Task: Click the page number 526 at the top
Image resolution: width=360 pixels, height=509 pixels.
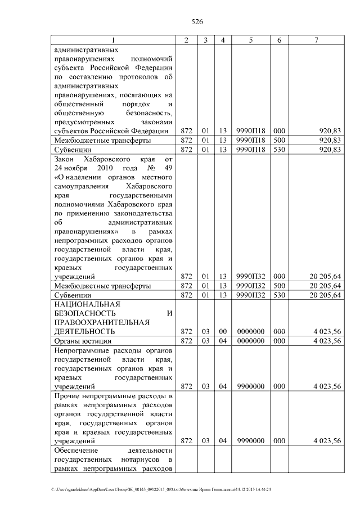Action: (x=197, y=22)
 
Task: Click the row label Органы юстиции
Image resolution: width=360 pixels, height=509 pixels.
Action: (x=82, y=341)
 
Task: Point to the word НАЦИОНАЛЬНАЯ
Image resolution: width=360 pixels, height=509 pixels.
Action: (x=83, y=304)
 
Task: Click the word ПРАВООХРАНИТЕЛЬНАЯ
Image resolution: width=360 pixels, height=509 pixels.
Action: (x=101, y=322)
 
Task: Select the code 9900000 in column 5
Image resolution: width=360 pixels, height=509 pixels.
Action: (x=250, y=387)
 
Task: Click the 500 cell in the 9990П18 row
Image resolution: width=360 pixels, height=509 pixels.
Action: (x=278, y=140)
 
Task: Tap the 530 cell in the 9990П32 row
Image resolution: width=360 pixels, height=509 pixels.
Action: (x=278, y=295)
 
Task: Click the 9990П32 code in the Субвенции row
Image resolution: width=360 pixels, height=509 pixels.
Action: (x=250, y=295)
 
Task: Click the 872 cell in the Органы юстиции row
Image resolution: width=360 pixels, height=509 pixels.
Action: (x=187, y=341)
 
